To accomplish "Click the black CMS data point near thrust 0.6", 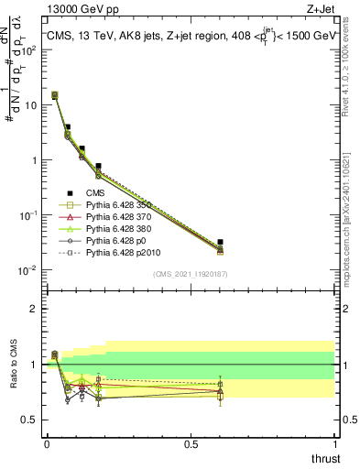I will click(220, 242).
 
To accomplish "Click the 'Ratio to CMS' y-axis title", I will click(13, 366).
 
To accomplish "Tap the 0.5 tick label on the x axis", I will click(191, 443).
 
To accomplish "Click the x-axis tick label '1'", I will click(335, 443).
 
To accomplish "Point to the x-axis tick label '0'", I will click(46, 443).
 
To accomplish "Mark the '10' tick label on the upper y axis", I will click(30, 105).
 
